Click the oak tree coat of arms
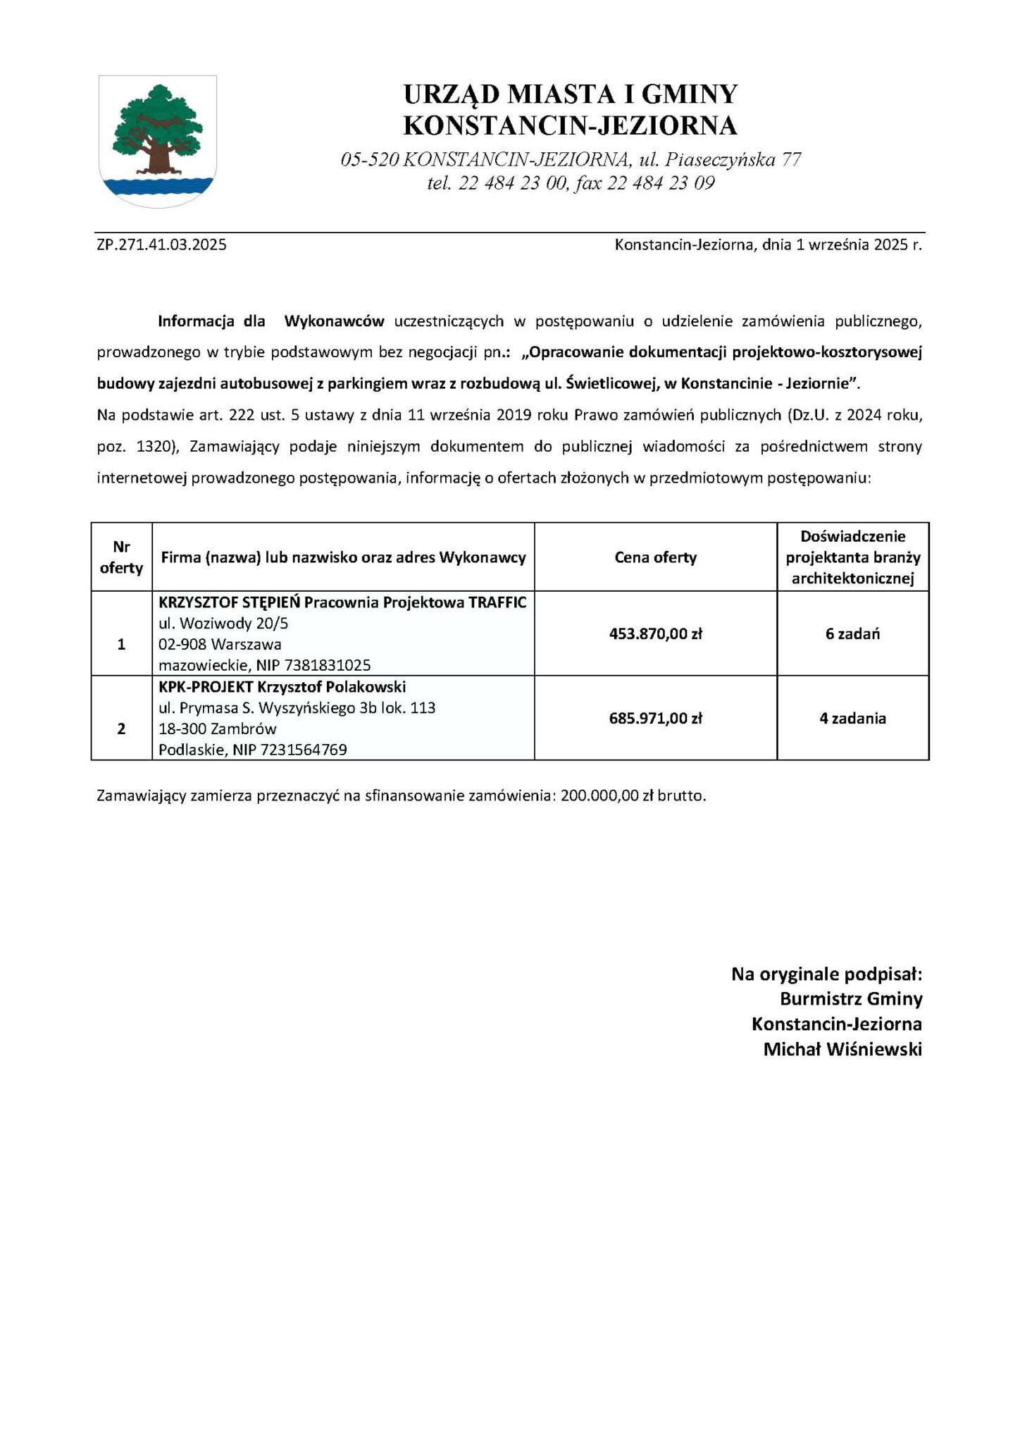[x=157, y=140]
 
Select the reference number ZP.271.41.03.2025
[x=162, y=245]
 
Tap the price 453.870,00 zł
[x=655, y=633]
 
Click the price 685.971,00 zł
[x=655, y=718]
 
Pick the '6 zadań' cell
[x=852, y=633]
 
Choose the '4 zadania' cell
[x=852, y=718]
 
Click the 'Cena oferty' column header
[x=655, y=557]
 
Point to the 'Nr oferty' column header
[x=121, y=557]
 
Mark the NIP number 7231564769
[x=304, y=750]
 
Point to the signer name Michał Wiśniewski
[x=842, y=1049]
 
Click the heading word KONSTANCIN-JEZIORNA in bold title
[x=570, y=125]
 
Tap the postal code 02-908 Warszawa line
[x=220, y=644]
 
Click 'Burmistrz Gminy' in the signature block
[x=851, y=998]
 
